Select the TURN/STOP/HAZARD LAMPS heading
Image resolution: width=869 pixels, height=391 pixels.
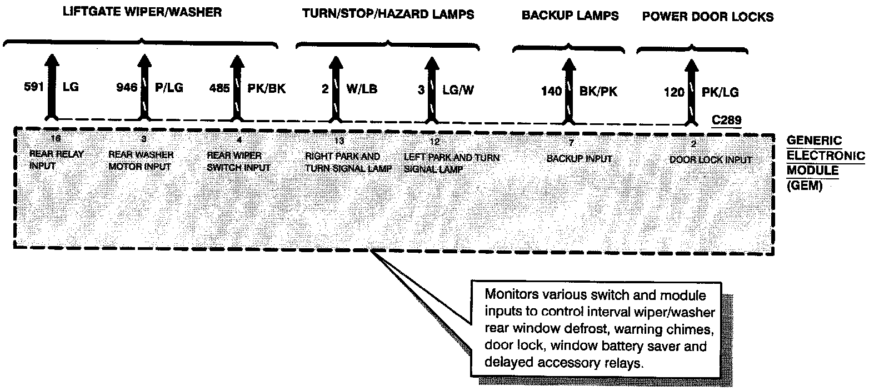pos(388,14)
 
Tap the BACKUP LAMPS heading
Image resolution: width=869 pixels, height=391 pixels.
pos(570,16)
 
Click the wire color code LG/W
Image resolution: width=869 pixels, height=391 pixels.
pos(458,89)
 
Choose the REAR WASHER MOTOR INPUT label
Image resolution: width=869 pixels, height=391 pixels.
pos(142,160)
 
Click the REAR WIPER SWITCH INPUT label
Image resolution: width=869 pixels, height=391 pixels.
pos(238,161)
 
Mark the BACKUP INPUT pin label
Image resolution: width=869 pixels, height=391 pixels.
pos(580,159)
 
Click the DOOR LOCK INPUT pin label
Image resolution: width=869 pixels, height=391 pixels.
pos(711,160)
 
